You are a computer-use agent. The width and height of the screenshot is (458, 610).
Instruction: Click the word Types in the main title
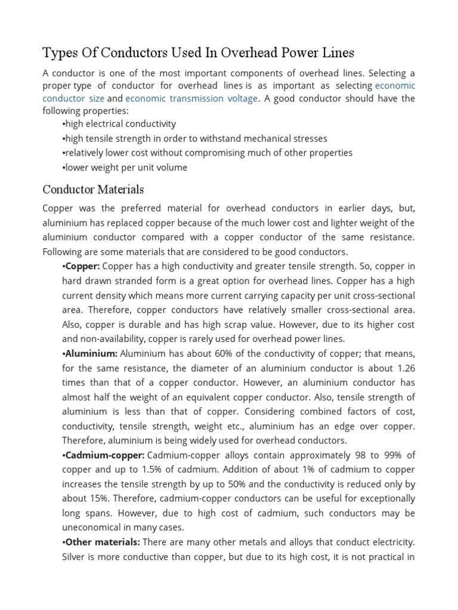(x=60, y=54)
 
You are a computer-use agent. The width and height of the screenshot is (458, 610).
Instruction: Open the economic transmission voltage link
(x=191, y=99)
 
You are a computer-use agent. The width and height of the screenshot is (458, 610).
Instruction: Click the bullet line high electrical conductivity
(x=119, y=124)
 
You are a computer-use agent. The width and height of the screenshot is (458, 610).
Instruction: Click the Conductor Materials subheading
(x=93, y=190)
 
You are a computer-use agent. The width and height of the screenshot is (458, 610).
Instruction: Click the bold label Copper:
(x=82, y=266)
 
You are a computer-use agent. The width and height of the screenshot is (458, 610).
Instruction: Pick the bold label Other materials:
(x=101, y=543)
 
